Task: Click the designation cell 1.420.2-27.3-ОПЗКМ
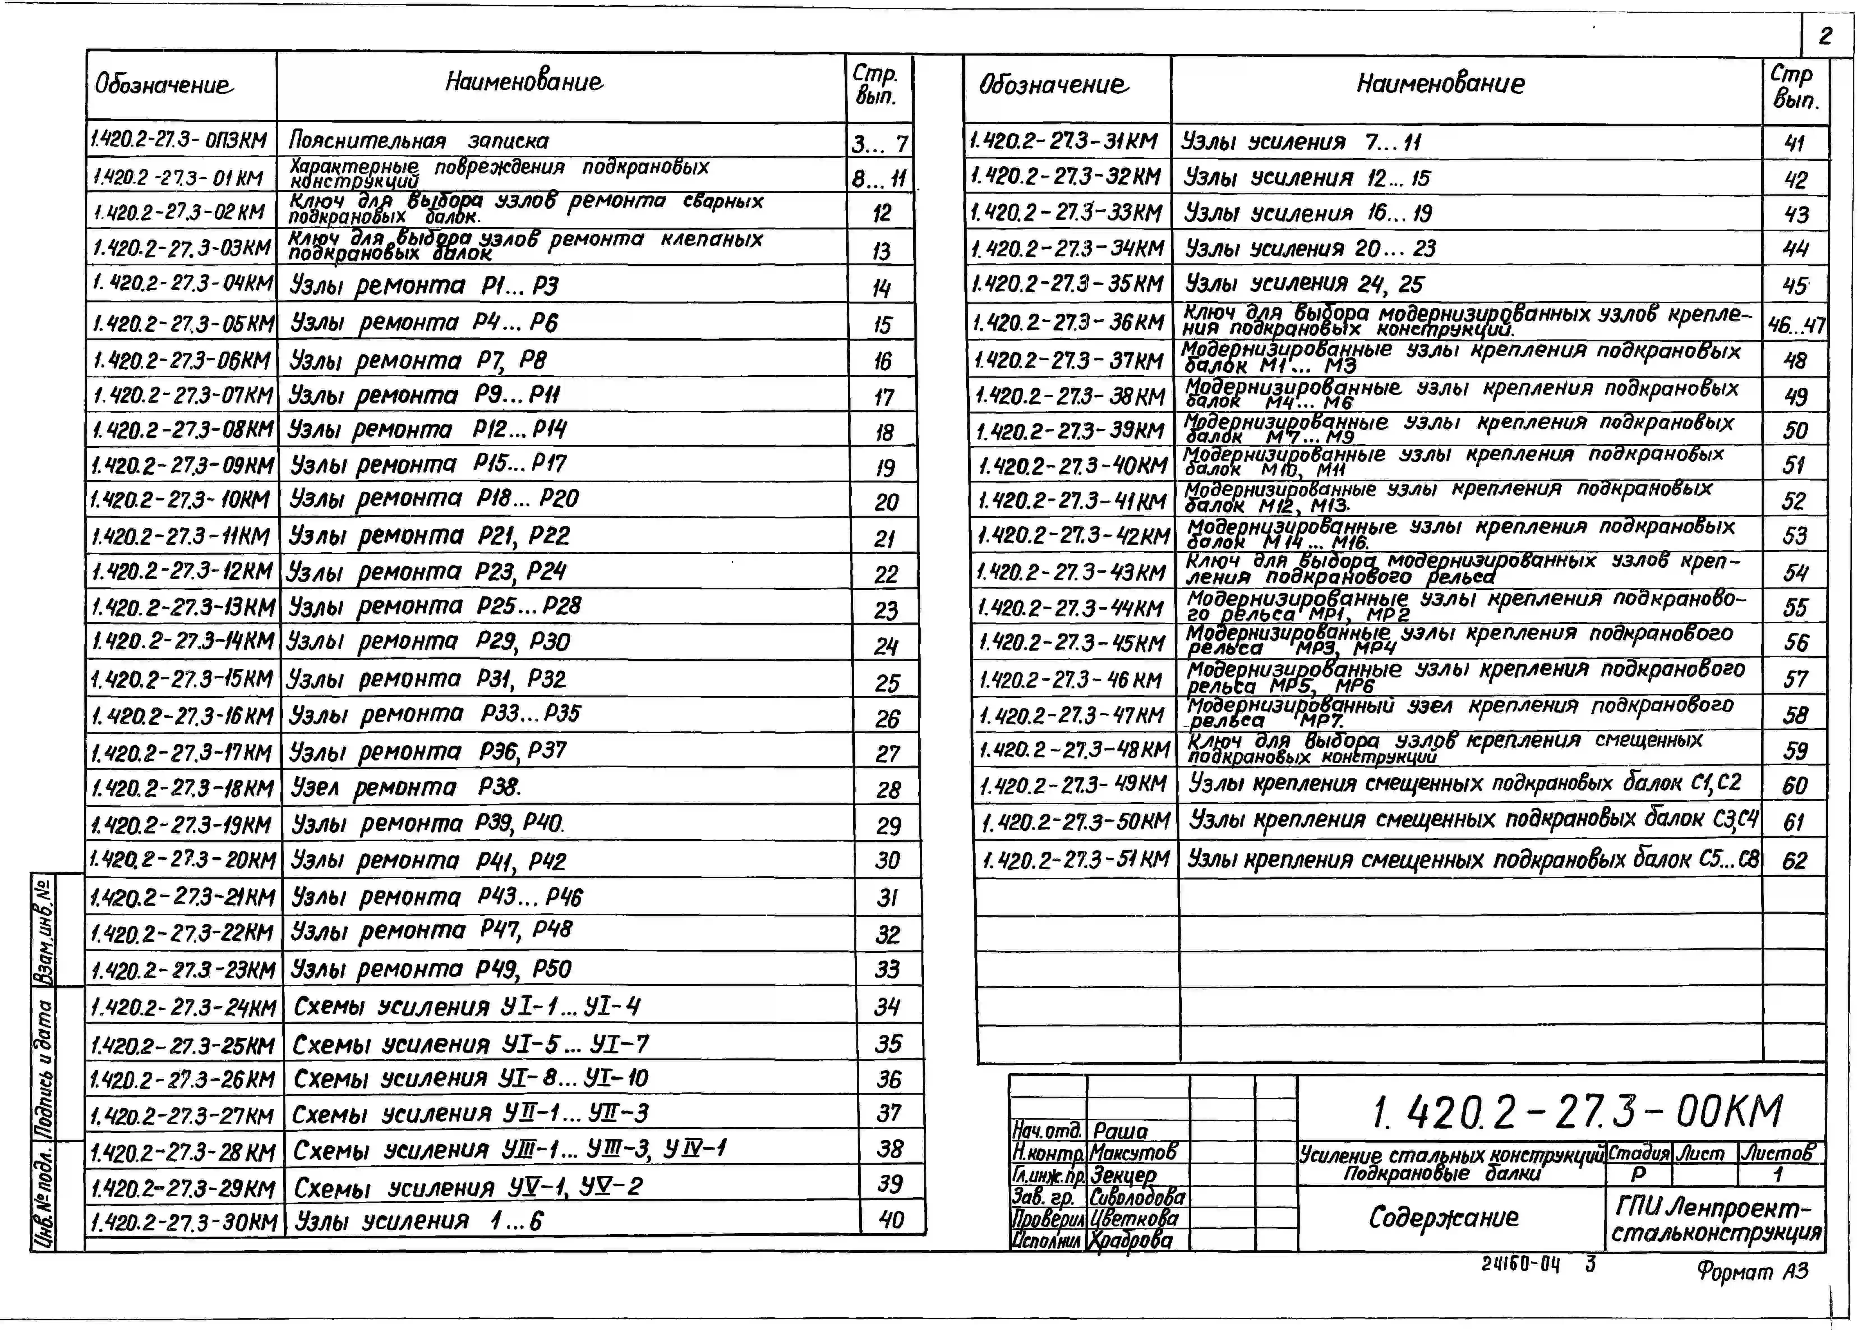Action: (180, 140)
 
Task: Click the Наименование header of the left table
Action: (524, 82)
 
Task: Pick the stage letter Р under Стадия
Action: (1638, 1173)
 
